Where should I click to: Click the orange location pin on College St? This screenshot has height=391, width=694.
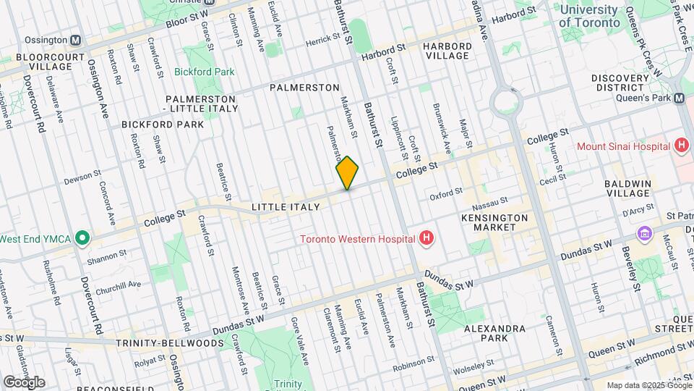point(347,172)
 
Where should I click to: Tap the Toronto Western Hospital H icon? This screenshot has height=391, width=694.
point(427,237)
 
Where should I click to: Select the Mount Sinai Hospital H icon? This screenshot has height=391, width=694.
point(680,146)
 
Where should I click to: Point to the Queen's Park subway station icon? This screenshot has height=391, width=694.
point(679,98)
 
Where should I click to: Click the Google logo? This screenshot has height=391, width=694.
point(23,382)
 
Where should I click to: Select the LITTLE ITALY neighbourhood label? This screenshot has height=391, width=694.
point(286,207)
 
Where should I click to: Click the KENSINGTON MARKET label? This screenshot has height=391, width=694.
point(495,222)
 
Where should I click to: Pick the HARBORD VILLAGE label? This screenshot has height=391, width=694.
point(447,51)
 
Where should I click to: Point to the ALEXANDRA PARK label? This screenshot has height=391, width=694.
point(494,333)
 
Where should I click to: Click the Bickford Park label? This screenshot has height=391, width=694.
point(204,72)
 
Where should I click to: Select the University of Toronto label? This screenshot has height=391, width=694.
point(589,16)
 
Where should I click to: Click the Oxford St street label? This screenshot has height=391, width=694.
point(445,193)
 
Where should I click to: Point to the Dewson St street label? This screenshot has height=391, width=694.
point(82,177)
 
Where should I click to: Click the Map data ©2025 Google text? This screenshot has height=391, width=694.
point(648,384)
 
